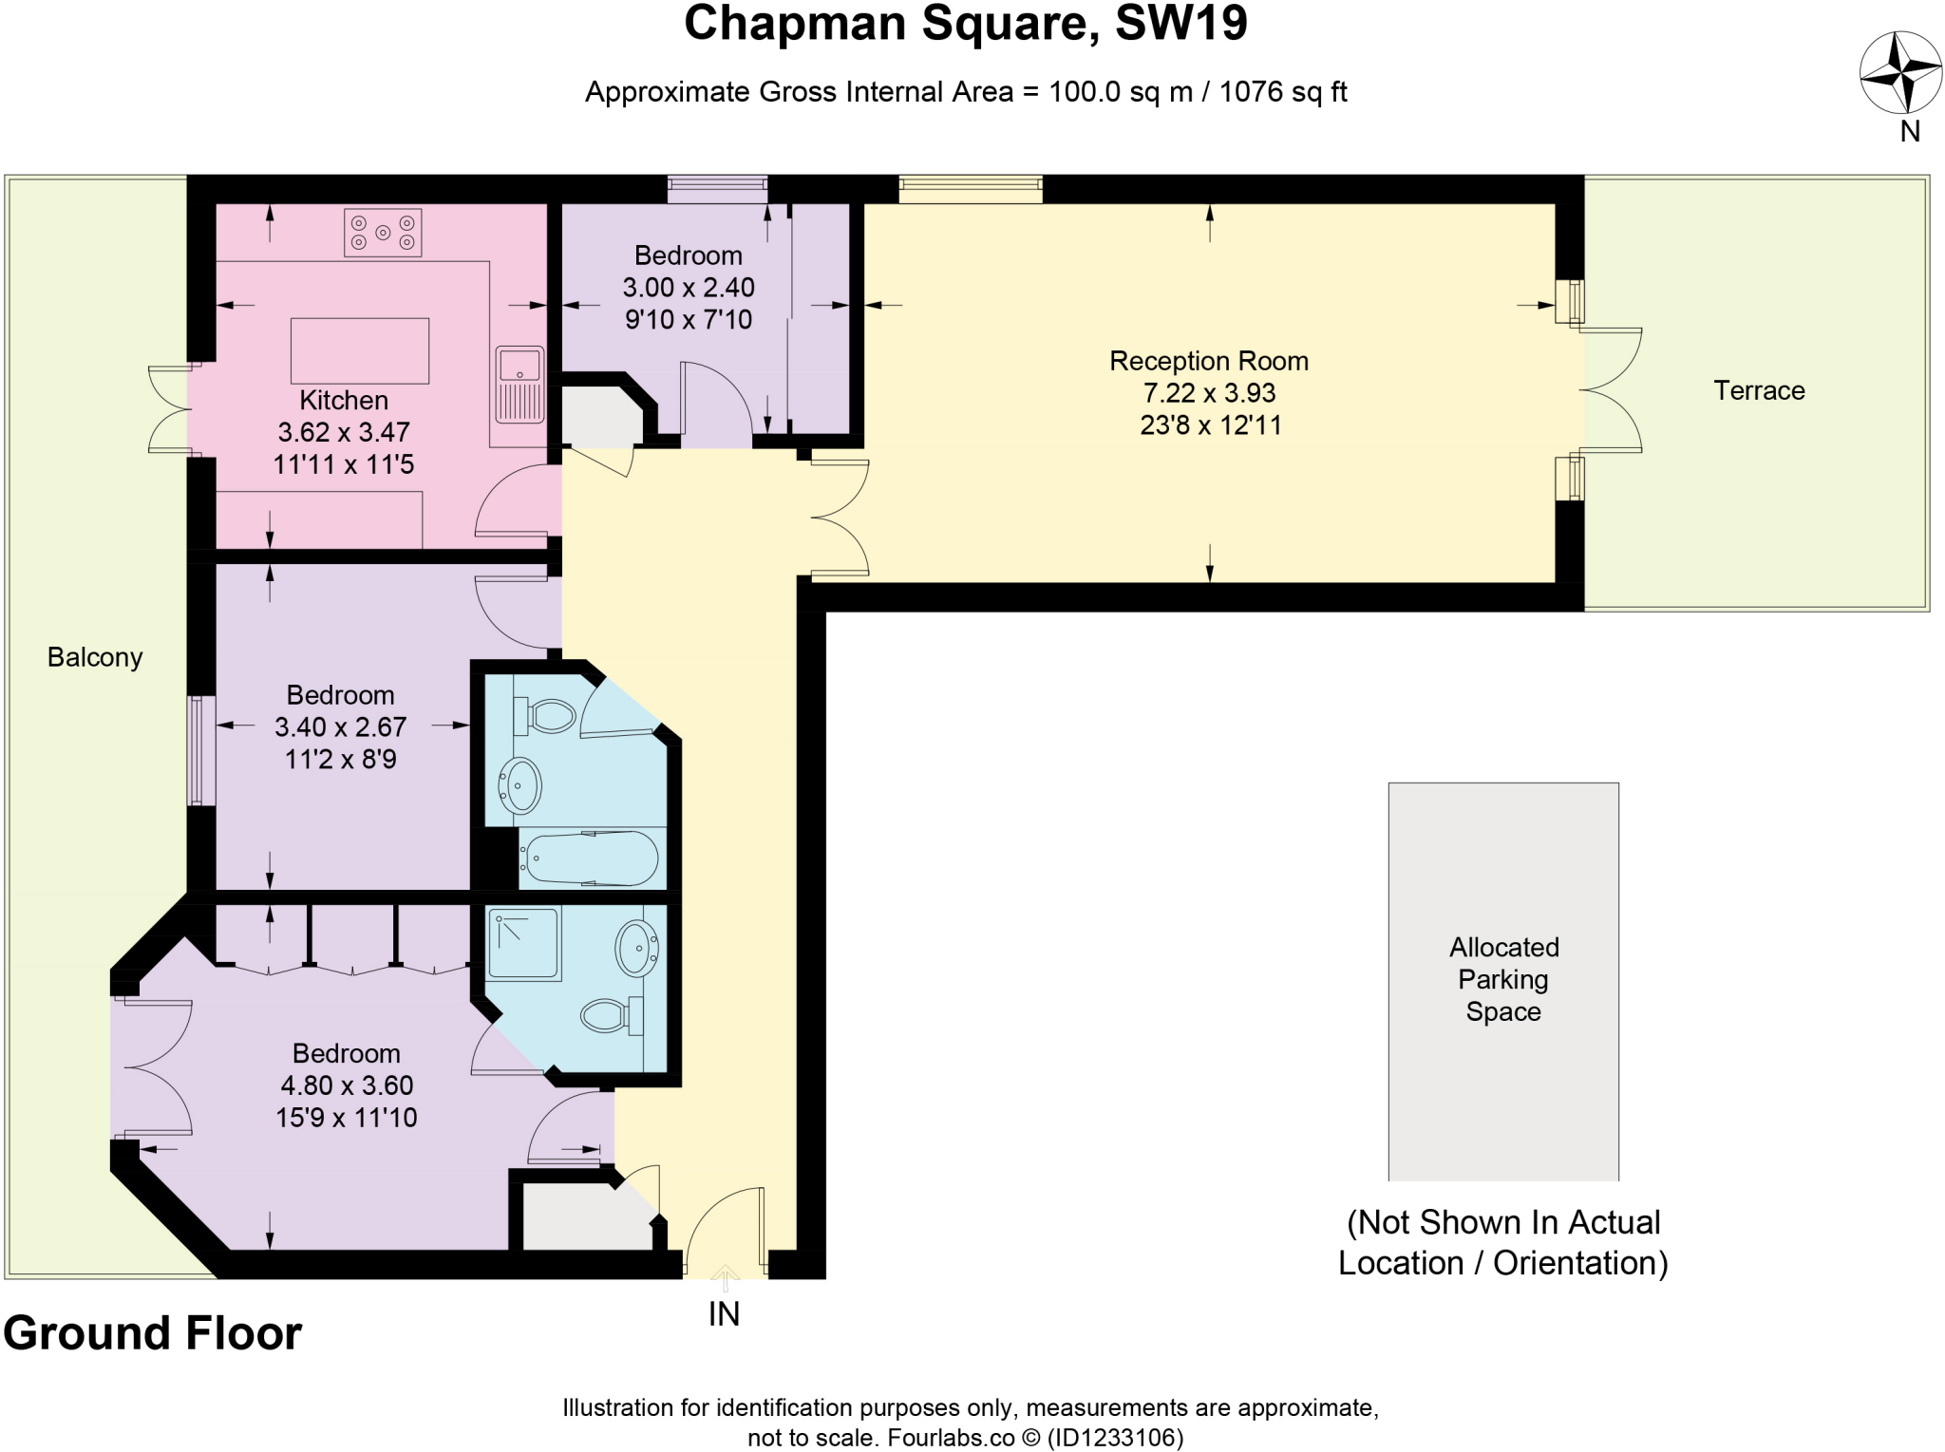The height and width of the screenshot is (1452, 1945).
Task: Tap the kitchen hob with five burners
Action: (383, 233)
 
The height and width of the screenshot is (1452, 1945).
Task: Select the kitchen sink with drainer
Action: (519, 385)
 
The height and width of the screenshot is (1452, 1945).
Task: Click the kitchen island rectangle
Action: (359, 351)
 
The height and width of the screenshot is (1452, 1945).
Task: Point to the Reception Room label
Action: (1208, 361)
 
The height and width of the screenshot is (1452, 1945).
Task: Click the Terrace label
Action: (1758, 390)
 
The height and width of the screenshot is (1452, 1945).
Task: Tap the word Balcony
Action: (95, 657)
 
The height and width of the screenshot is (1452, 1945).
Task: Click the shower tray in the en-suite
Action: (522, 944)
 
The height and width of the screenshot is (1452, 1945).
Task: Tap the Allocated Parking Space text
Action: (1503, 979)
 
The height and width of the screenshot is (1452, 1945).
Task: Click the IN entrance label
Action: (724, 1314)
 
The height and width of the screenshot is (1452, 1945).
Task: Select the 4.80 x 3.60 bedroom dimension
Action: (347, 1085)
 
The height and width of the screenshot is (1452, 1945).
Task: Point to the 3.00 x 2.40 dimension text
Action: (688, 287)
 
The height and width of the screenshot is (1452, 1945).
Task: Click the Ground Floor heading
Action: (152, 1333)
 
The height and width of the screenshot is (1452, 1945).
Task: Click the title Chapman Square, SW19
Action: (965, 25)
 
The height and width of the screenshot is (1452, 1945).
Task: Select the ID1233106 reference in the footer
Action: (1115, 1438)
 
